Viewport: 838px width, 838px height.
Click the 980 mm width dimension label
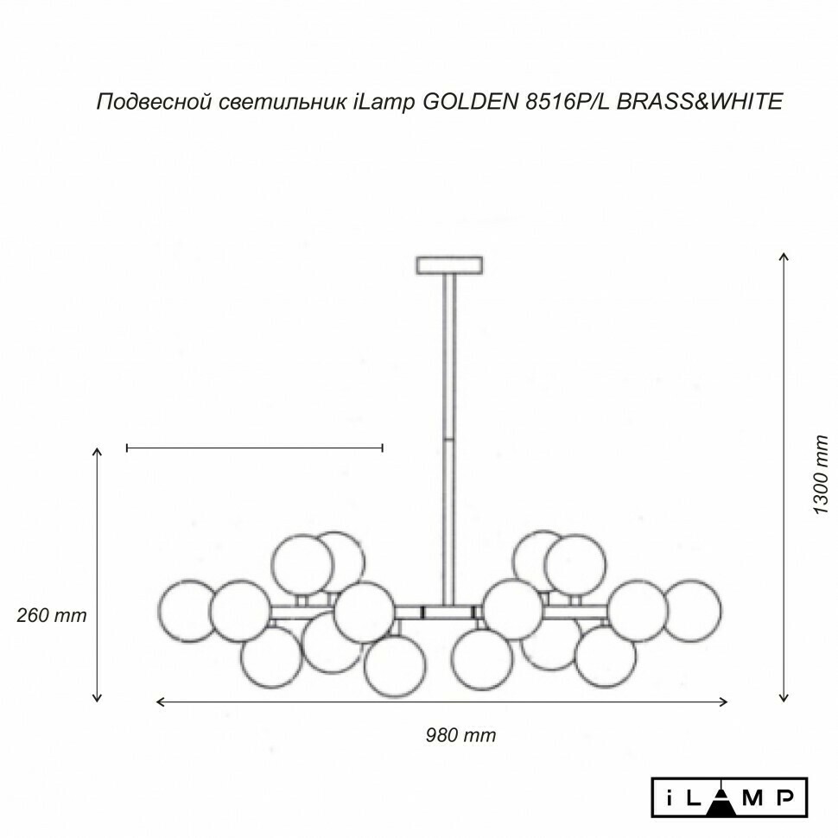click(460, 735)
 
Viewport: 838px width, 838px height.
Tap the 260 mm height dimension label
click(51, 615)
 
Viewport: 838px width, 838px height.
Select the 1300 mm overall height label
click(820, 474)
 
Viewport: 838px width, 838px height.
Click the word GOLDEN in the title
click(470, 101)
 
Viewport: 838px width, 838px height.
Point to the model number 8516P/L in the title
click(568, 101)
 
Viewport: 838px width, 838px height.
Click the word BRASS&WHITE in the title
click(700, 101)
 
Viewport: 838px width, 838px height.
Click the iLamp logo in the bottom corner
click(729, 797)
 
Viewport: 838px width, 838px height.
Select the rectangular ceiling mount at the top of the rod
click(449, 265)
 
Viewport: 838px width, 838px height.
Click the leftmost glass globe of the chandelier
click(187, 611)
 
